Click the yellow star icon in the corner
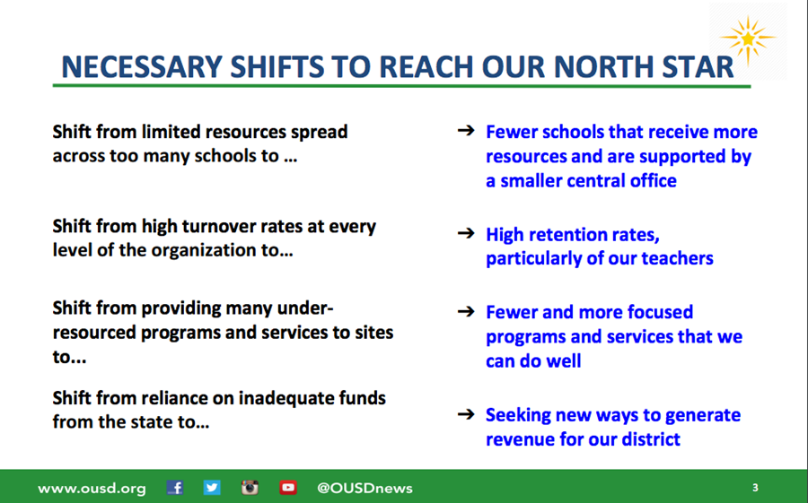tap(747, 39)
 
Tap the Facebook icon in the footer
tap(175, 488)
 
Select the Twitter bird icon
tap(212, 487)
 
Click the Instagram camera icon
tap(250, 487)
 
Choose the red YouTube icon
tap(288, 488)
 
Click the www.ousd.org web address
tap(92, 489)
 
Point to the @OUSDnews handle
tap(364, 488)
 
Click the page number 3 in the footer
tap(755, 488)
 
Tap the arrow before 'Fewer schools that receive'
tap(466, 130)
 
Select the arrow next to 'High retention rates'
tap(466, 233)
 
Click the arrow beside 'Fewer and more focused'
tap(466, 311)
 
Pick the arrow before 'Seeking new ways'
tap(466, 413)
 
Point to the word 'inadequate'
tap(285, 398)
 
